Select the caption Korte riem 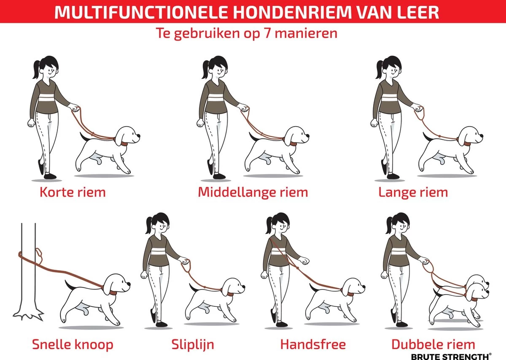pos(73,192)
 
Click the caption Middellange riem pos(253,192)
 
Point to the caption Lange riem pos(413,192)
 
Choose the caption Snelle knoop pos(73,344)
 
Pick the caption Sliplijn pos(193,344)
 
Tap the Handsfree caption pos(313,344)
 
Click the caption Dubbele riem pos(433,344)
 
